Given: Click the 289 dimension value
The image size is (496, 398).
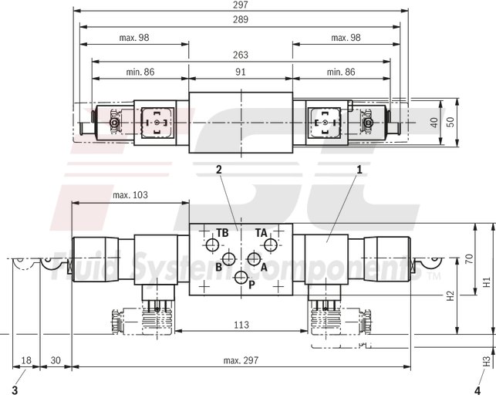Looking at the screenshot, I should click(241, 21).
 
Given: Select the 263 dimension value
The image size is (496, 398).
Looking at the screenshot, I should click(241, 54).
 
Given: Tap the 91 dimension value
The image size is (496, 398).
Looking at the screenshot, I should click(241, 71).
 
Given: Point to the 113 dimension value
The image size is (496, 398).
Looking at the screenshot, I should click(241, 325).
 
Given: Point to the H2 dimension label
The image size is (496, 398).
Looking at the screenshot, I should click(450, 295).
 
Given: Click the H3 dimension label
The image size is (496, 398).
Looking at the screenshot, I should click(486, 359).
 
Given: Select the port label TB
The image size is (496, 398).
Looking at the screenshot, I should click(222, 232).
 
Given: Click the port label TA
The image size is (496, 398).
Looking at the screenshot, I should click(261, 232).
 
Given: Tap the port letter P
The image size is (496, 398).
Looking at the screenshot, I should click(251, 284).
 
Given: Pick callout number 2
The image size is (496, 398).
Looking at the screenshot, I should click(219, 168).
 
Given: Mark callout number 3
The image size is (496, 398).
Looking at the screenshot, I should click(15, 378).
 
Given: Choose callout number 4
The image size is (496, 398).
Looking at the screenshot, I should click(477, 378).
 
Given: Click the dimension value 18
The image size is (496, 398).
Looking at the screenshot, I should click(27, 359).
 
